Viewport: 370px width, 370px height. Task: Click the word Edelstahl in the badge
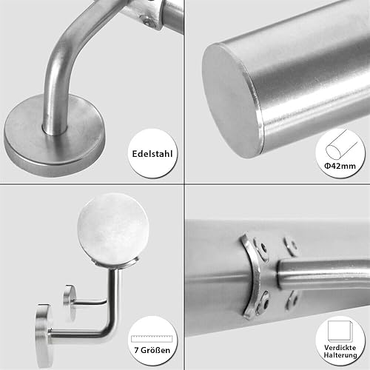(152, 154)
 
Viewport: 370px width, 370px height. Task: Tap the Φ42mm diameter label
(340, 166)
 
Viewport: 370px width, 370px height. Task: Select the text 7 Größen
(152, 350)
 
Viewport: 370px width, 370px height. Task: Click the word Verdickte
(340, 348)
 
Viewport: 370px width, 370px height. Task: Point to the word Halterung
(340, 355)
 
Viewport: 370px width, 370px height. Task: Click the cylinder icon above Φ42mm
(342, 145)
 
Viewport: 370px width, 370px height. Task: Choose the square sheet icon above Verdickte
(340, 331)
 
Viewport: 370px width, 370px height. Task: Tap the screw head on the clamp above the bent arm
(147, 21)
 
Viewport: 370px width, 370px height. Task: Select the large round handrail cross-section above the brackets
(113, 228)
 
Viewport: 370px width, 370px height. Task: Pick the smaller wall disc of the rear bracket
(69, 301)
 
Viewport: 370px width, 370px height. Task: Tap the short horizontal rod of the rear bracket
(90, 301)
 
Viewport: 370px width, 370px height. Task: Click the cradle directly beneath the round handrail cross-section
(116, 264)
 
